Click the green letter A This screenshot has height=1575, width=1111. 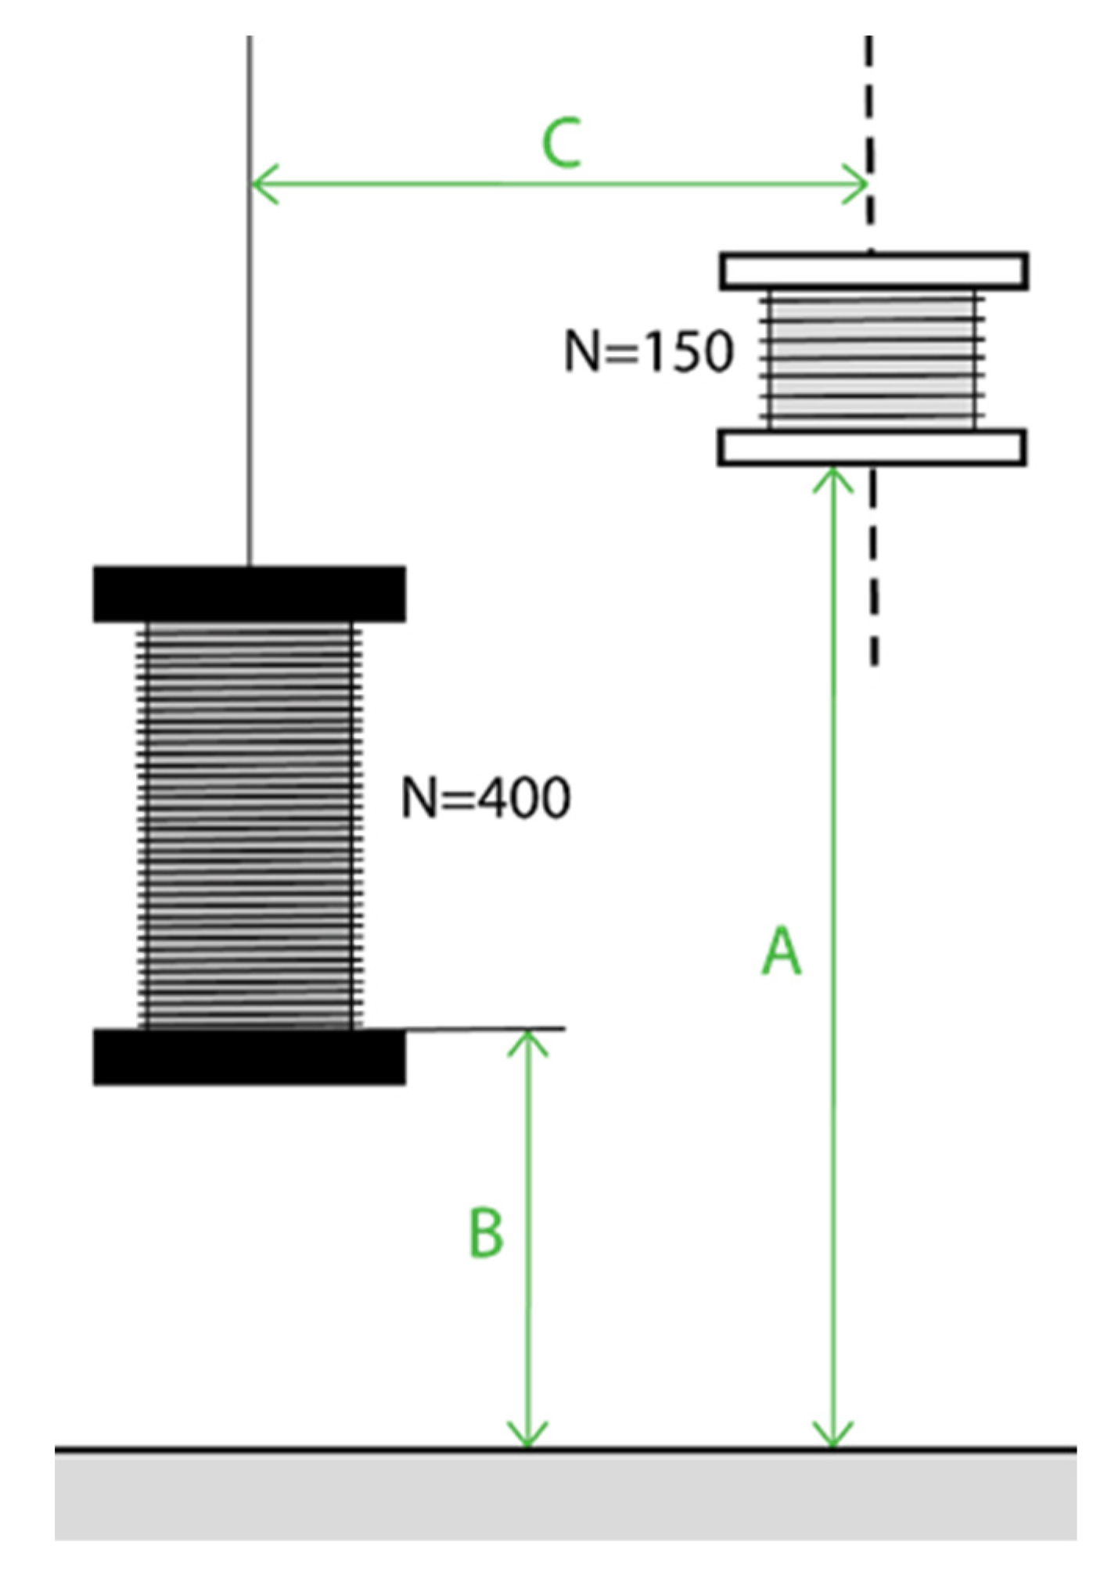click(x=782, y=951)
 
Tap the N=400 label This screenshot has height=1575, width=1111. click(x=485, y=798)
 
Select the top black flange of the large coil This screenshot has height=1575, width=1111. click(x=249, y=595)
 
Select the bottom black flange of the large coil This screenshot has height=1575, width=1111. click(x=249, y=1058)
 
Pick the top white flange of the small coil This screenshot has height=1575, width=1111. click(x=873, y=271)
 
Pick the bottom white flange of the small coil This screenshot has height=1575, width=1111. click(x=872, y=448)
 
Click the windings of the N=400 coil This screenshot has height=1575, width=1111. click(x=249, y=825)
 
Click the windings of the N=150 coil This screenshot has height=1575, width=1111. click(x=872, y=359)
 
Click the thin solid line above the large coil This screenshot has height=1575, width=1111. click(x=250, y=313)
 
